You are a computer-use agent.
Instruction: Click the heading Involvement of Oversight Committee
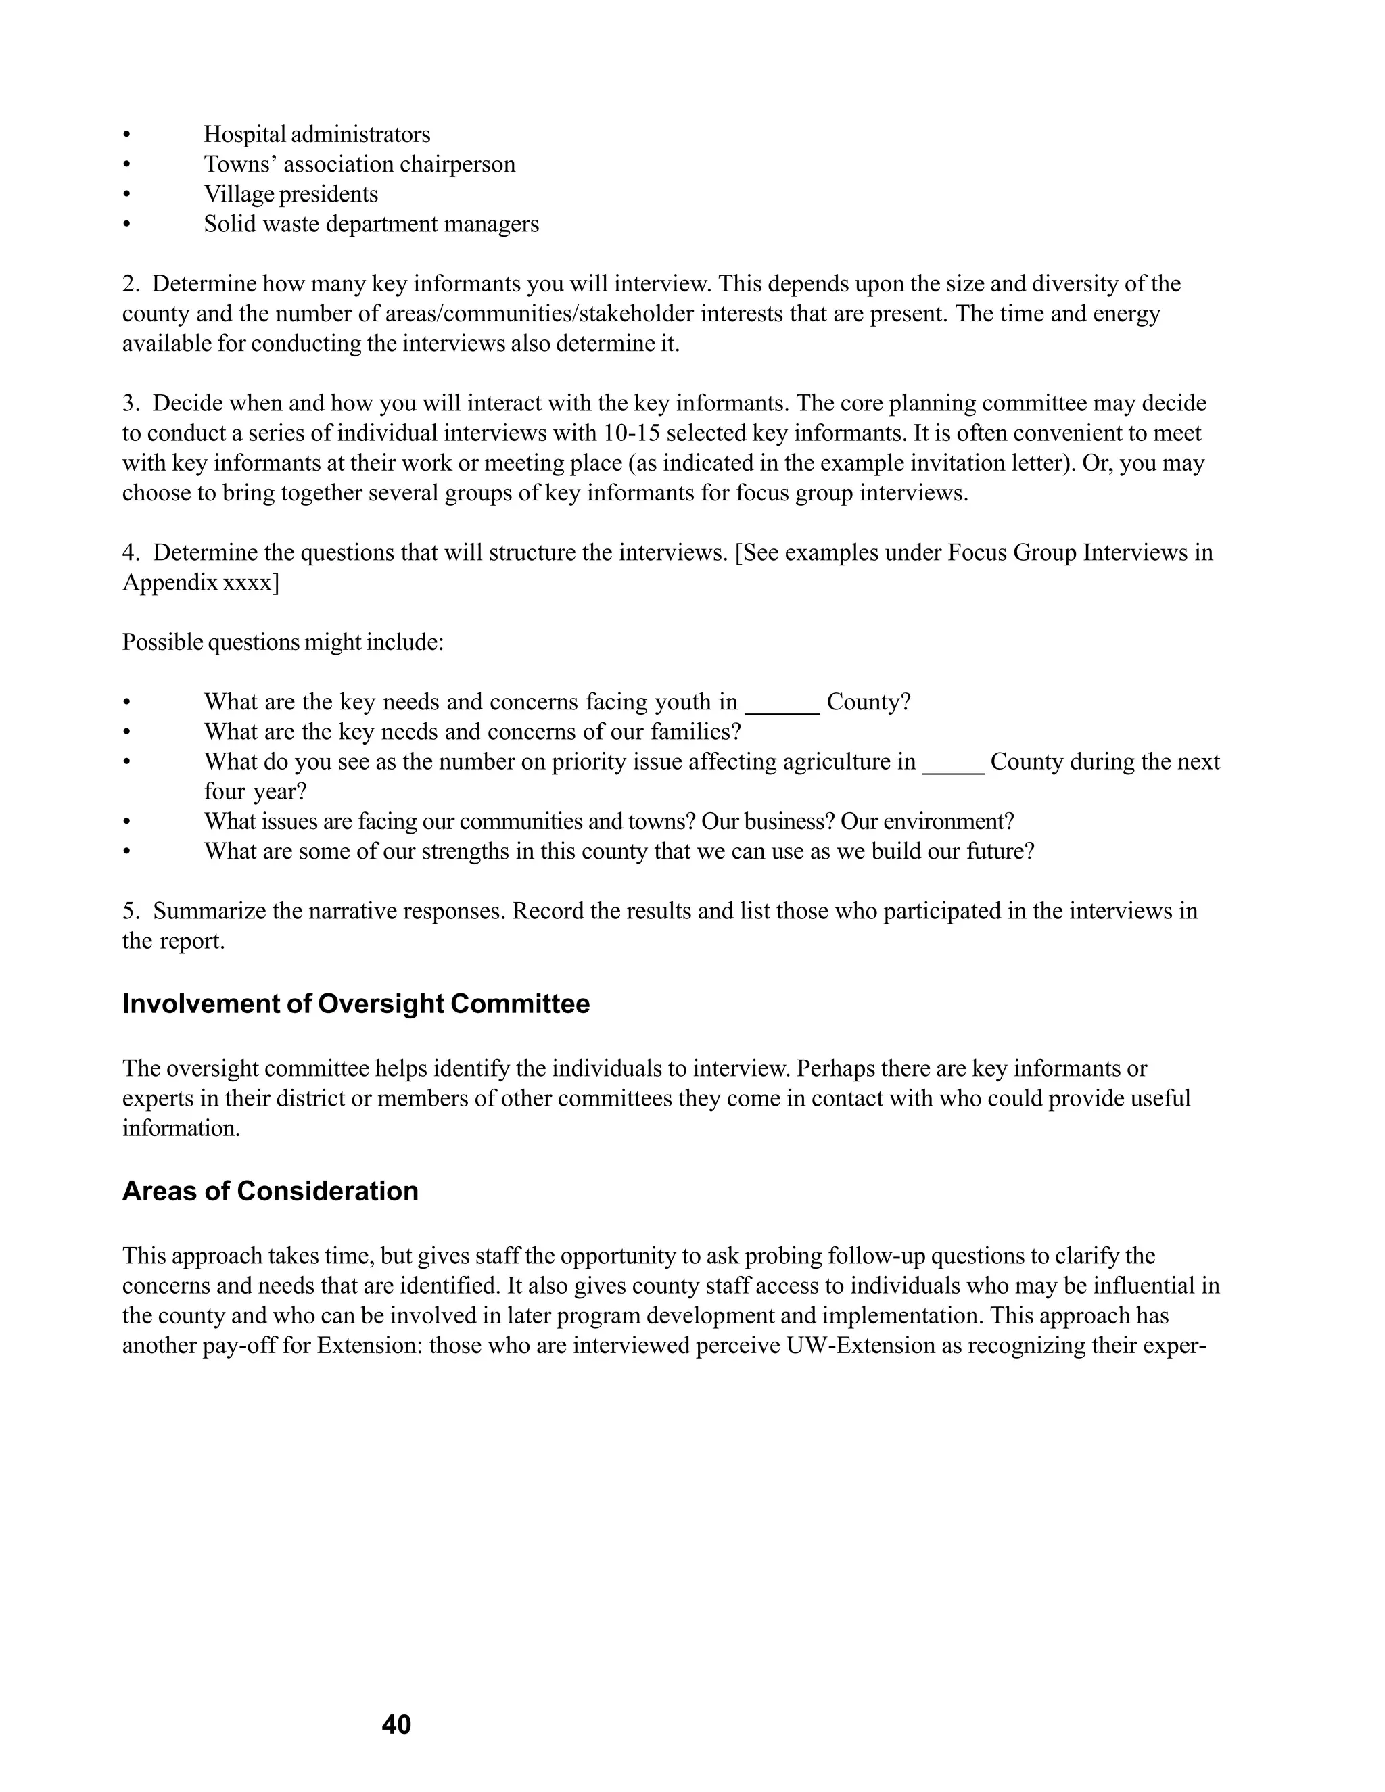355,1004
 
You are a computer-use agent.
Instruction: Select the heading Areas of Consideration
270,1191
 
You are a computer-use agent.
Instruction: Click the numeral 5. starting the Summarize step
131,911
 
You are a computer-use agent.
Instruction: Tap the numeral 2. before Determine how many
131,284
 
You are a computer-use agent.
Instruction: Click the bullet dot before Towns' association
126,165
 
